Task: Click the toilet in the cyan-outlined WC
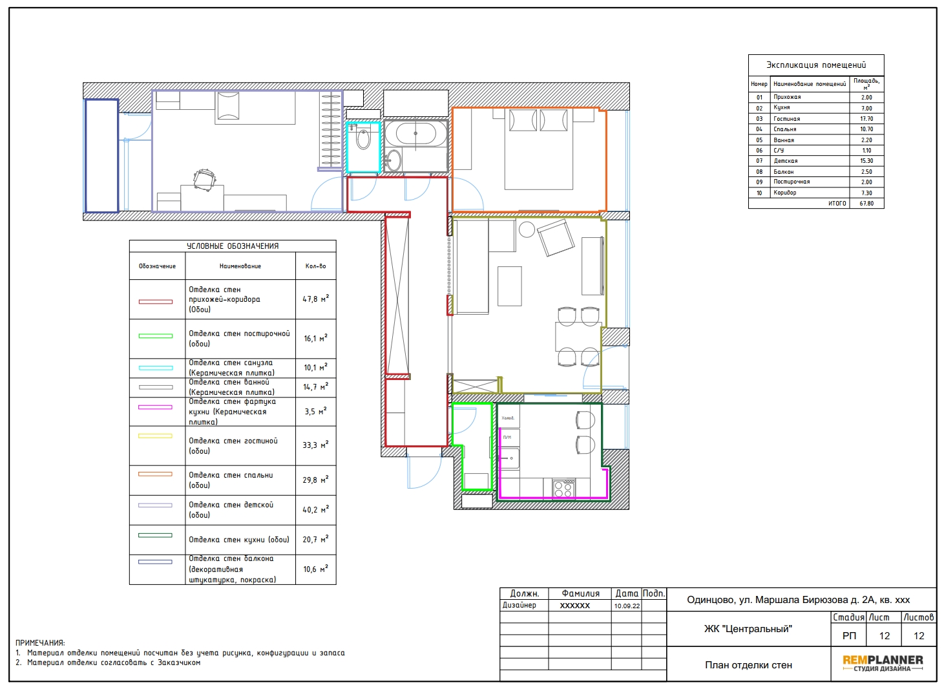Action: [x=362, y=138]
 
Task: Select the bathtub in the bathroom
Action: [x=415, y=134]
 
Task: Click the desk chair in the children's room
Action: [x=204, y=180]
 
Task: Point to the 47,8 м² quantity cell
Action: [x=316, y=299]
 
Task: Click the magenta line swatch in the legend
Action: [x=156, y=407]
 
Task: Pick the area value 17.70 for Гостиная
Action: [x=866, y=119]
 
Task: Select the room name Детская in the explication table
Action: [x=786, y=161]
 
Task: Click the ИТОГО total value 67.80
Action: [x=866, y=203]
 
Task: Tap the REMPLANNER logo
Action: [x=883, y=663]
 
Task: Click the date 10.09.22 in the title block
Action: [x=627, y=606]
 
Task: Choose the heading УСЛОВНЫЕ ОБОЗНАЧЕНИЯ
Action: [x=233, y=246]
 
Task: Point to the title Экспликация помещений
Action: [x=816, y=65]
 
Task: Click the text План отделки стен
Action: [x=748, y=665]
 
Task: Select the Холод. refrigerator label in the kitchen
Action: [x=507, y=418]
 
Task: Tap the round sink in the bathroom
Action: [x=393, y=160]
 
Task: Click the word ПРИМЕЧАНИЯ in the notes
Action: [x=41, y=643]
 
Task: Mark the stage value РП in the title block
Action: [x=849, y=636]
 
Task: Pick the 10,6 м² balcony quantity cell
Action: [x=316, y=569]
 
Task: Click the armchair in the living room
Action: [x=556, y=237]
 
